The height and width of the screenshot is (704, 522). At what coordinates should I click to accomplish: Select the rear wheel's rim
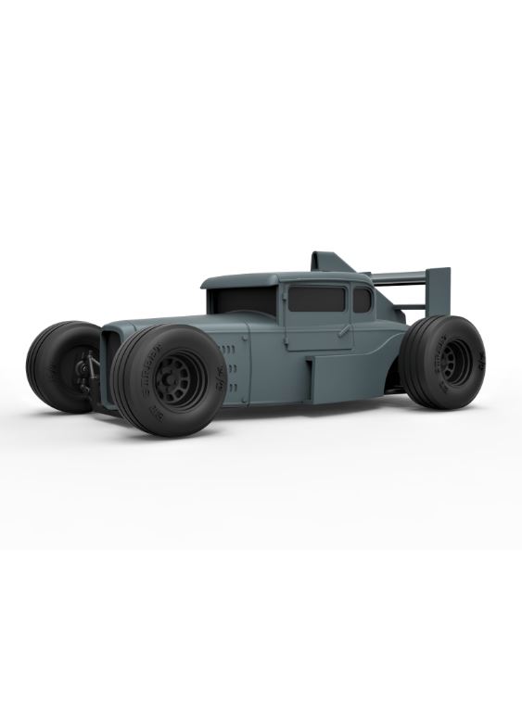tap(455, 361)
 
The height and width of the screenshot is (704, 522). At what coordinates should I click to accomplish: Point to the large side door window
tap(316, 298)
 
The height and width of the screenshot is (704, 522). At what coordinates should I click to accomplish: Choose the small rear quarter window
tap(362, 299)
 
